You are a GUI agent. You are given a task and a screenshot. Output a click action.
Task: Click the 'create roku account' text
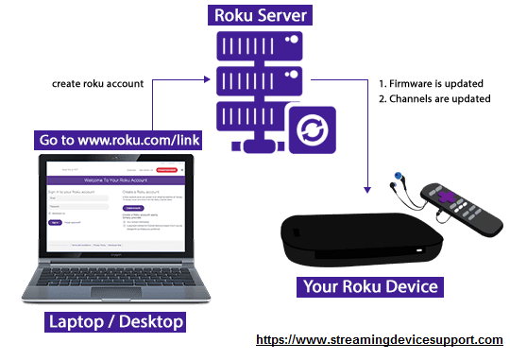pyautogui.click(x=97, y=83)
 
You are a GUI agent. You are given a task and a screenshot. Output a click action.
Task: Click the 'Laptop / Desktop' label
pyautogui.click(x=115, y=323)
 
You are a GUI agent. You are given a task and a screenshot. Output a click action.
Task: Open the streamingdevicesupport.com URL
pyautogui.click(x=381, y=338)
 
